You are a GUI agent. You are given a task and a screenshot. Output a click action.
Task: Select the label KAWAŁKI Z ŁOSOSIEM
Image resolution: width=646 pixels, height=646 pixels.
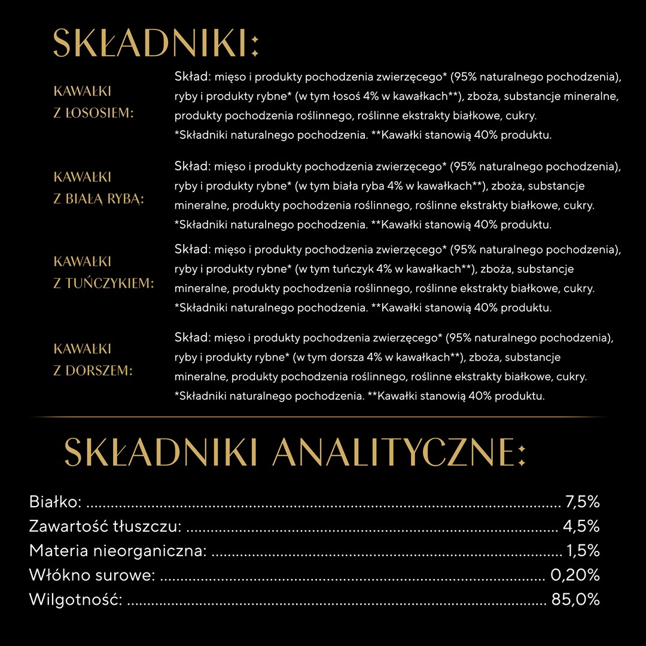(x=93, y=102)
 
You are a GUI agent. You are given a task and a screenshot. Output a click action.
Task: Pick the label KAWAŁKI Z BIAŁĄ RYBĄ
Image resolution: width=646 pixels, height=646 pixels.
(x=99, y=188)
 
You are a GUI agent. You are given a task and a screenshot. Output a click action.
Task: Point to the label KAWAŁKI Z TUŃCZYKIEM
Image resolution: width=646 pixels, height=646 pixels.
(x=103, y=272)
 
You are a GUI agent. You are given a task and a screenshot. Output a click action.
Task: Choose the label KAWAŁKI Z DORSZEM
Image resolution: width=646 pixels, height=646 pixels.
(x=93, y=359)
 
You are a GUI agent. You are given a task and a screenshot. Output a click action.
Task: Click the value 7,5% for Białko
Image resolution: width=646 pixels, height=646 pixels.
(x=582, y=502)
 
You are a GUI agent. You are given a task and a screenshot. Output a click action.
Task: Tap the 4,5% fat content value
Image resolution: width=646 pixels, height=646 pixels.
(x=581, y=526)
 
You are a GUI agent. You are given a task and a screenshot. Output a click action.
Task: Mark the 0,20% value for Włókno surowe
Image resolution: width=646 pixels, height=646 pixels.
(x=575, y=575)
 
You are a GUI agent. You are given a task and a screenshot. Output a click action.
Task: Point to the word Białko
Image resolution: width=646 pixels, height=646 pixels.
(x=55, y=502)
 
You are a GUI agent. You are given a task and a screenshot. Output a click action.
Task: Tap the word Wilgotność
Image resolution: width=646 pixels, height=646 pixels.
(x=76, y=599)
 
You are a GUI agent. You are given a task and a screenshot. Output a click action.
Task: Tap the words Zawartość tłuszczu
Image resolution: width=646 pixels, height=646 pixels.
(x=105, y=526)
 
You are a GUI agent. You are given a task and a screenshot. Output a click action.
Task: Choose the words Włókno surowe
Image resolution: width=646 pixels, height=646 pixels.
(x=92, y=575)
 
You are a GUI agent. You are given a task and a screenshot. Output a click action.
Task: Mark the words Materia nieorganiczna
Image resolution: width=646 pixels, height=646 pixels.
(x=118, y=550)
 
